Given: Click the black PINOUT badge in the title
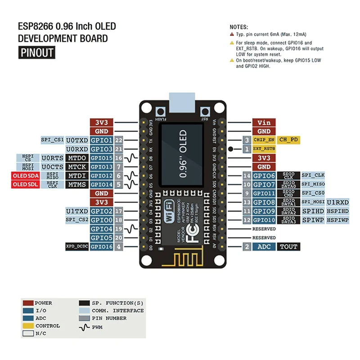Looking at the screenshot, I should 36,53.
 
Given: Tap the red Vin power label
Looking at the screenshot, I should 264,122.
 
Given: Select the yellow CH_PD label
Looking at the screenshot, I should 288,140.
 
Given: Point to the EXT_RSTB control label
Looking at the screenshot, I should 263,148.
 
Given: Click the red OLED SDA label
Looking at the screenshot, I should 26,175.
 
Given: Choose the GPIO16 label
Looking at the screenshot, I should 101,247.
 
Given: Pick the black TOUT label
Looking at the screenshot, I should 288,247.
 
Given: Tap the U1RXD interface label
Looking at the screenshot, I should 337,202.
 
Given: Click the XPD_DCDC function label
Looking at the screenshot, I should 76,247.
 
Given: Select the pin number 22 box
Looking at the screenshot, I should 119,140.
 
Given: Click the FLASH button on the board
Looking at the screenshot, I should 159,112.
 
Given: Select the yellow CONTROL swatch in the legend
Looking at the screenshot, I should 28,326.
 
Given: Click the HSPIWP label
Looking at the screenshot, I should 337,220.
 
